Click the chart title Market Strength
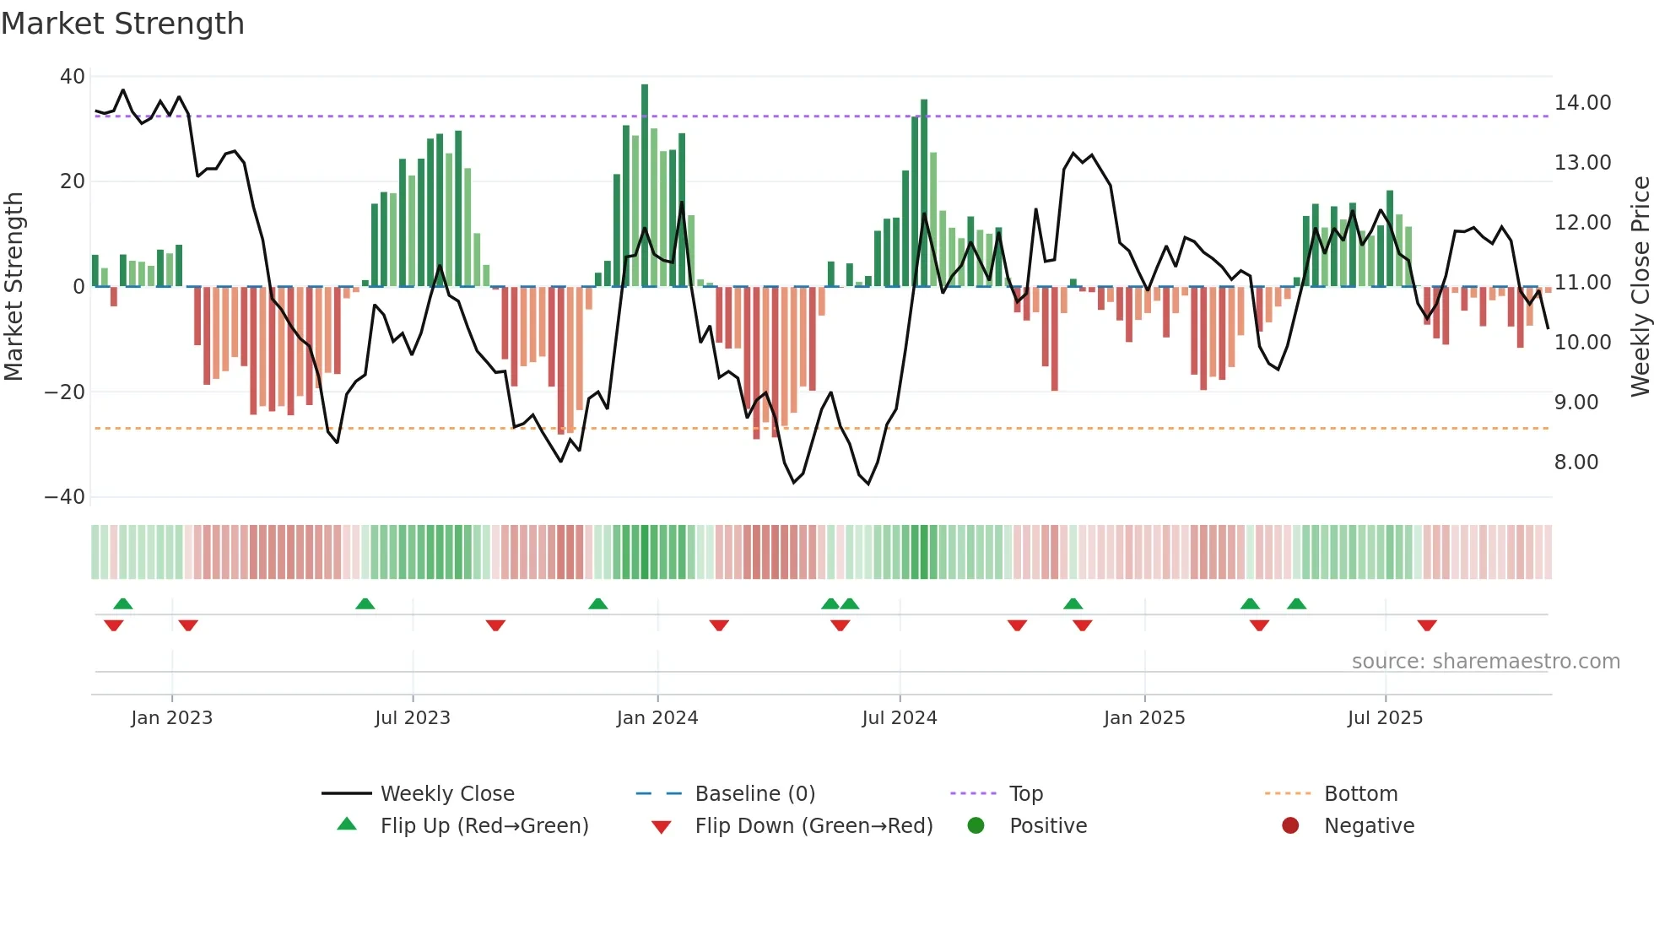click(122, 24)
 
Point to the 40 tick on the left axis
click(73, 77)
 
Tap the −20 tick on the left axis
click(65, 392)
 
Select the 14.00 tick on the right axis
click(1582, 103)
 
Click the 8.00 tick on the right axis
click(1576, 462)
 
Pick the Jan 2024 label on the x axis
click(657, 718)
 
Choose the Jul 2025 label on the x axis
click(1385, 718)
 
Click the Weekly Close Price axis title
click(1640, 287)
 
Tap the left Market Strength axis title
click(14, 287)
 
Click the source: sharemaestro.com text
click(1485, 662)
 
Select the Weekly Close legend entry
click(447, 794)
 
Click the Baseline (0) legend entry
click(754, 794)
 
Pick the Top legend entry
click(1026, 794)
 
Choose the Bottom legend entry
click(1360, 794)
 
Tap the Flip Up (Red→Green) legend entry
click(484, 826)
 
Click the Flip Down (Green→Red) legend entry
click(813, 826)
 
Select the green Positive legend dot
click(976, 826)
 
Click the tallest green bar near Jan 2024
click(645, 186)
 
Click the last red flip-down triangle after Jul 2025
click(1427, 625)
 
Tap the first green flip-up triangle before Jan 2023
click(123, 603)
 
